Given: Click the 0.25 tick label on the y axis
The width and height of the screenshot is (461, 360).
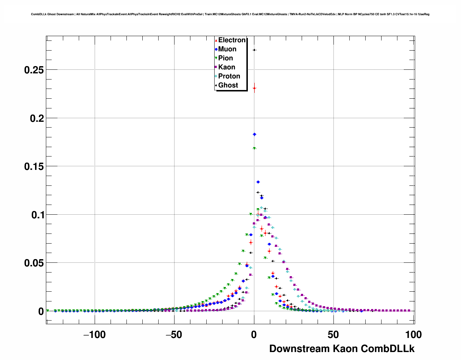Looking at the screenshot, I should [34, 70].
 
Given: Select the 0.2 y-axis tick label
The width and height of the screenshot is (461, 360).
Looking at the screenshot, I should [37, 118].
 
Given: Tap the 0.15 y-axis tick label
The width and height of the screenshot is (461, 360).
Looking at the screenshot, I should [34, 167].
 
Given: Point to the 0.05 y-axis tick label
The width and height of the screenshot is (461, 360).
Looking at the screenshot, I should [34, 263].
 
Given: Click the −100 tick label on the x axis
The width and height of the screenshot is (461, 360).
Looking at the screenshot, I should [94, 335].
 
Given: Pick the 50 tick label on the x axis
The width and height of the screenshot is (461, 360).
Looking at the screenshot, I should [333, 335].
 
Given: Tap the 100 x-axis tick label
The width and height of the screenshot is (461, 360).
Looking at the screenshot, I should [413, 335].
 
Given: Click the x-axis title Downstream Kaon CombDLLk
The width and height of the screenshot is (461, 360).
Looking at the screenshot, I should [342, 349].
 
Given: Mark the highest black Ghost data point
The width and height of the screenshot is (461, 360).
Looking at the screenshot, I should [254, 50].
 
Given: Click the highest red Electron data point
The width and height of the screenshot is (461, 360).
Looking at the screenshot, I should [254, 88].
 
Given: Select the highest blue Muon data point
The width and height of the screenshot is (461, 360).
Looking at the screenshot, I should [254, 134].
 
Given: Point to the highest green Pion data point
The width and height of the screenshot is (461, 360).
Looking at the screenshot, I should [254, 148].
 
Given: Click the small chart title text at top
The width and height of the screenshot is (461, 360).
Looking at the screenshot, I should [230, 14].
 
